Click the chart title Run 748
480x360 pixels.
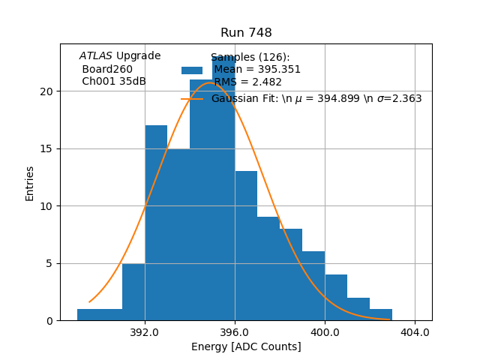click(246, 33)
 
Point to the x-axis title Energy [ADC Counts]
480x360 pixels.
click(246, 346)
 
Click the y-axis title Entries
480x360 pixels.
click(30, 183)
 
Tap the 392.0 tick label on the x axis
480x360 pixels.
click(145, 332)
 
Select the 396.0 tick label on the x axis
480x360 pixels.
click(235, 332)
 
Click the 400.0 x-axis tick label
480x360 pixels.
click(325, 332)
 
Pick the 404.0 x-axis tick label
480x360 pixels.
click(415, 332)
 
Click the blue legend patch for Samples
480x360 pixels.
click(192, 70)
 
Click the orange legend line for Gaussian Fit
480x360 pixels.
click(192, 98)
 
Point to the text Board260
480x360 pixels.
click(107, 69)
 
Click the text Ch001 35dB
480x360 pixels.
click(114, 81)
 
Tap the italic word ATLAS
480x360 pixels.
click(96, 55)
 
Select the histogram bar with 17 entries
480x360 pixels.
click(156, 225)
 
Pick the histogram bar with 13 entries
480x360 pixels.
click(246, 247)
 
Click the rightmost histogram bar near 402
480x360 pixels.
click(381, 315)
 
